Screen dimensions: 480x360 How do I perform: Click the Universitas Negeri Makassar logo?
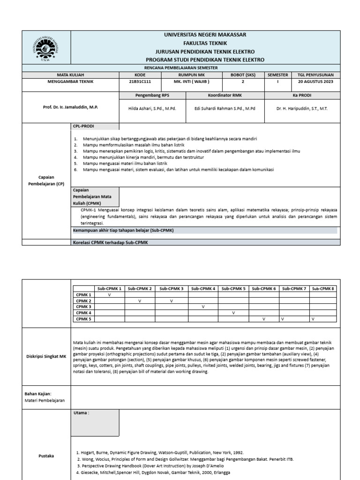coord(46,48)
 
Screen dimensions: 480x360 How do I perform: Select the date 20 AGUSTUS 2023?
coord(315,82)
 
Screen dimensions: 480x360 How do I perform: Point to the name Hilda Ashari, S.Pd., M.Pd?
coord(152,108)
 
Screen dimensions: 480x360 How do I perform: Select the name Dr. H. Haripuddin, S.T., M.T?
coord(302,108)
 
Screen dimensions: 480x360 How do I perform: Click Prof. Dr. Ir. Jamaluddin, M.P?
coord(70,107)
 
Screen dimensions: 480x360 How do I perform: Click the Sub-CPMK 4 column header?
coord(203,289)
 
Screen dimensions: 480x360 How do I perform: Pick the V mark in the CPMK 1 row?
coord(109,295)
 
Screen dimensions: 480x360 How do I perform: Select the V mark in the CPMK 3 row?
coord(203,307)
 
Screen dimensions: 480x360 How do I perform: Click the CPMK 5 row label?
coord(83,319)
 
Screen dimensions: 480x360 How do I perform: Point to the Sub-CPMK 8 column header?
coord(323,289)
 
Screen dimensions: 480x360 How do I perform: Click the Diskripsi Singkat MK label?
coord(46,356)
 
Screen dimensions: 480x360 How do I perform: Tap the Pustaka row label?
coord(46,455)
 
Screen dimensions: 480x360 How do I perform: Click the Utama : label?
coord(82,413)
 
